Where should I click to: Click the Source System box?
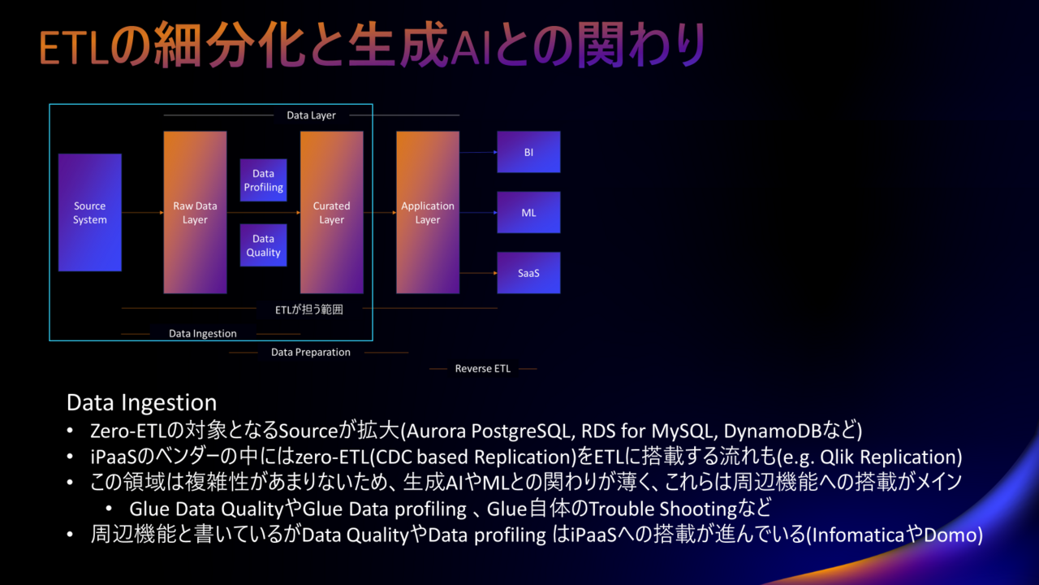point(90,212)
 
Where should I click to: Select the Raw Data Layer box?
point(195,212)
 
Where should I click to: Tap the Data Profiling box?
point(264,180)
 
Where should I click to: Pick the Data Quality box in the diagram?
point(264,245)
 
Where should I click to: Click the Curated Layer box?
point(332,212)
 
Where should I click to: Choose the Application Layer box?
point(428,212)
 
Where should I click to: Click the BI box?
point(528,152)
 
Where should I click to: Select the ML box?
point(528,212)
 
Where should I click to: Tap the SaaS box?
point(528,273)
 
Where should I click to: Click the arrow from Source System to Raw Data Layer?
point(143,213)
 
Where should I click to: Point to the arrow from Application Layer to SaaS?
point(478,273)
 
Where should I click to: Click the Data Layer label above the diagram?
point(311,115)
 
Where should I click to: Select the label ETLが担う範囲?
point(309,310)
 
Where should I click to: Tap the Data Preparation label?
point(311,352)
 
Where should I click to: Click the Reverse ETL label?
point(482,369)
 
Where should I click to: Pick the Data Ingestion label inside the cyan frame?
point(203,333)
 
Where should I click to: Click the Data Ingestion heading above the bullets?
point(141,402)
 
